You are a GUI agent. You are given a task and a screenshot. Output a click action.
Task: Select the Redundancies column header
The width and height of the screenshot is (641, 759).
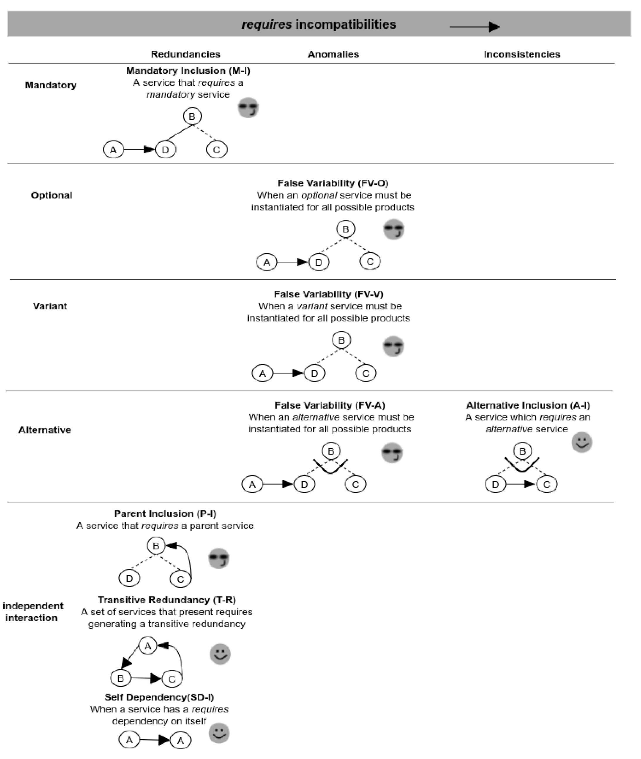(x=185, y=54)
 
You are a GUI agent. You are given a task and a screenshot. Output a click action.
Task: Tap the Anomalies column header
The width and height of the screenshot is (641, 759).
(x=333, y=54)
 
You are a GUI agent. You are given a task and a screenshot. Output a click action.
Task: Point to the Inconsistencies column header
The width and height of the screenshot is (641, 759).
(x=522, y=54)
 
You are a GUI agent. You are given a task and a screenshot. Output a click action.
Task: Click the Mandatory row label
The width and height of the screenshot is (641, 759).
(x=51, y=85)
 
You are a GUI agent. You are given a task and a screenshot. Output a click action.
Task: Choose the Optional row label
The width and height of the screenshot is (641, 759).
(x=51, y=195)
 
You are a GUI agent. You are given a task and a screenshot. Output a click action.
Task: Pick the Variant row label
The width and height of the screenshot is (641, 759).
(x=50, y=306)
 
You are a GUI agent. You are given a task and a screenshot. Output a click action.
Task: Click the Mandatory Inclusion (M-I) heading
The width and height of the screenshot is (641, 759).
(x=188, y=71)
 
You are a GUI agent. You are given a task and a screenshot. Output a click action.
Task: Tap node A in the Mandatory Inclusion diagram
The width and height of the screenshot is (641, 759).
(x=113, y=150)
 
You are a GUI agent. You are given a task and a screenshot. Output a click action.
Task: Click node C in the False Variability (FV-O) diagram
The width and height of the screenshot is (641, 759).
(x=370, y=262)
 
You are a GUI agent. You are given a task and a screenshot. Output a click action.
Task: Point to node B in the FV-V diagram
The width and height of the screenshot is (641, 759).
(x=341, y=340)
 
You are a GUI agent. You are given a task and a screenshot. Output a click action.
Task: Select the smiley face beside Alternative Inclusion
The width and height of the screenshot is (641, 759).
(x=582, y=442)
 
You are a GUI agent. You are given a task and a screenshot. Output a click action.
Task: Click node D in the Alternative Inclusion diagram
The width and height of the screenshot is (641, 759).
(x=495, y=484)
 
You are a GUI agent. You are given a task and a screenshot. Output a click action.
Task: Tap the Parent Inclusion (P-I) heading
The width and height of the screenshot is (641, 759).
(x=165, y=513)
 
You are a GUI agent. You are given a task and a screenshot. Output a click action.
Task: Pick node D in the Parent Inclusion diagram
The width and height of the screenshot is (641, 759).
(x=129, y=578)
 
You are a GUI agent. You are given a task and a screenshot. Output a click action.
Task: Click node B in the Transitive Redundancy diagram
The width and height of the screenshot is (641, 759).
(x=120, y=678)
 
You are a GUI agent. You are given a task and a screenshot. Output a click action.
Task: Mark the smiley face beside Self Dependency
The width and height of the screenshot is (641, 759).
(x=219, y=733)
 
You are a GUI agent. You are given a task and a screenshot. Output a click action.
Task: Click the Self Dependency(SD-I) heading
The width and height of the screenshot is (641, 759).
(x=159, y=697)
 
